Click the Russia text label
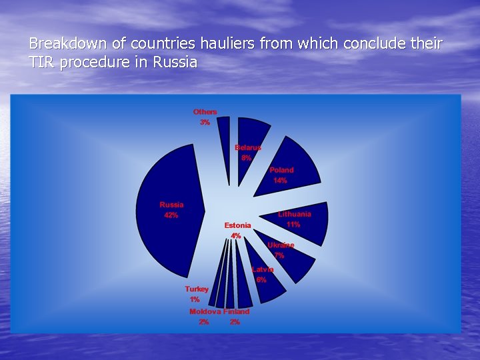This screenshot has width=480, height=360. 171,205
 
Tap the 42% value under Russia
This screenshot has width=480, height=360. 171,215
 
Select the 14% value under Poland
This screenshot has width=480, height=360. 280,181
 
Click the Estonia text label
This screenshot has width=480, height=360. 237,225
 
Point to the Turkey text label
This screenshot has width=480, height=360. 197,289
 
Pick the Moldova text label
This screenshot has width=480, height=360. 205,311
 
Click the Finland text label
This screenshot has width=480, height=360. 237,311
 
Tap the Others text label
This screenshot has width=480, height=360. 205,112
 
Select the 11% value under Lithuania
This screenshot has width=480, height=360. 293,225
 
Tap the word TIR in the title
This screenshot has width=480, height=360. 41,63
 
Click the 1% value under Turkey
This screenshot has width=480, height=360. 195,300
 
